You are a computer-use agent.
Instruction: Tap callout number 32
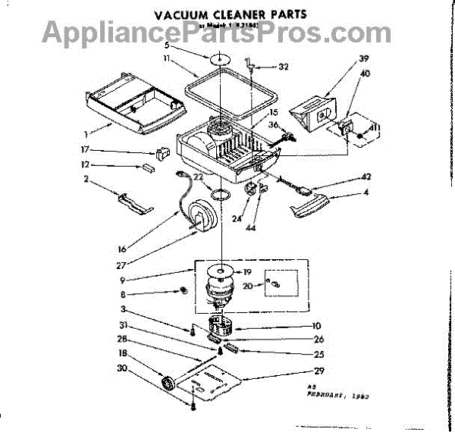click(283, 67)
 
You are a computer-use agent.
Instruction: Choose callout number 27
click(121, 265)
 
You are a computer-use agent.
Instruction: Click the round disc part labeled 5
click(220, 61)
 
